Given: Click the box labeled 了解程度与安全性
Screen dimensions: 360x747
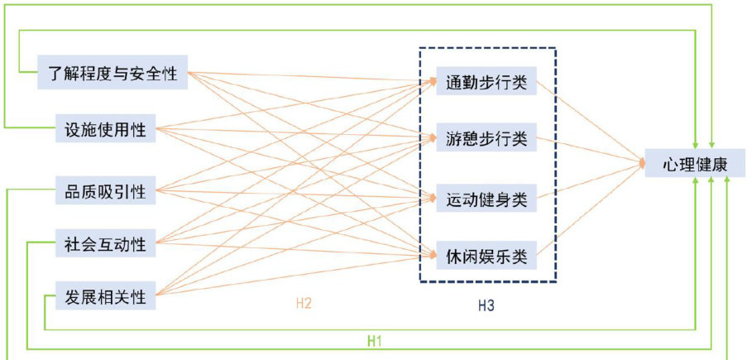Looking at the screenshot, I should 113,72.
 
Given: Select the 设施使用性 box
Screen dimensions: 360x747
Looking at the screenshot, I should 105,129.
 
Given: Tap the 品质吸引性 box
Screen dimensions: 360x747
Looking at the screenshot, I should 105,192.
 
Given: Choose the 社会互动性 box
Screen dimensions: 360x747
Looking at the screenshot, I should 105,244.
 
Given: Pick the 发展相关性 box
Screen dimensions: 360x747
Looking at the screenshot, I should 105,296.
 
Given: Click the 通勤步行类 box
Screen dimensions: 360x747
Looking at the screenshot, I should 486,83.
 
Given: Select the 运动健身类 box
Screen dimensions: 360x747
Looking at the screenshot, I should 486,199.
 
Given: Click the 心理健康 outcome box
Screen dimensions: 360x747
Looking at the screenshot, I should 695,163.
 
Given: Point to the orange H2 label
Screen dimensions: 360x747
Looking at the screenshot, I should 304,304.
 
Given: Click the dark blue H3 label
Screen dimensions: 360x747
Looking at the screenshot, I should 486,305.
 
